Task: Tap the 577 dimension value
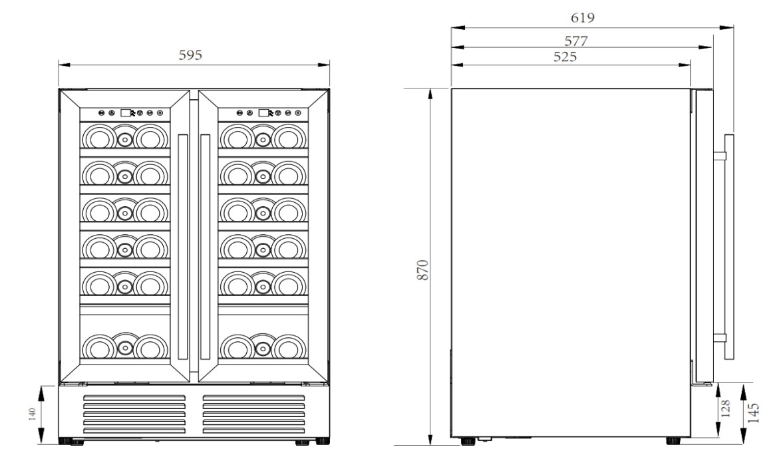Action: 573,41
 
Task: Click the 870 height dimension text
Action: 422,270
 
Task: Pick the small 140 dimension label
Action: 31,415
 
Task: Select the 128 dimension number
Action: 726,409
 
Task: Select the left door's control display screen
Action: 126,113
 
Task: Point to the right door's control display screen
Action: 264,113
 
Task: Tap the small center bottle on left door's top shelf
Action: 124,139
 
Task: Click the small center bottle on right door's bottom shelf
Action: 263,347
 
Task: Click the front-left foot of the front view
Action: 69,440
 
